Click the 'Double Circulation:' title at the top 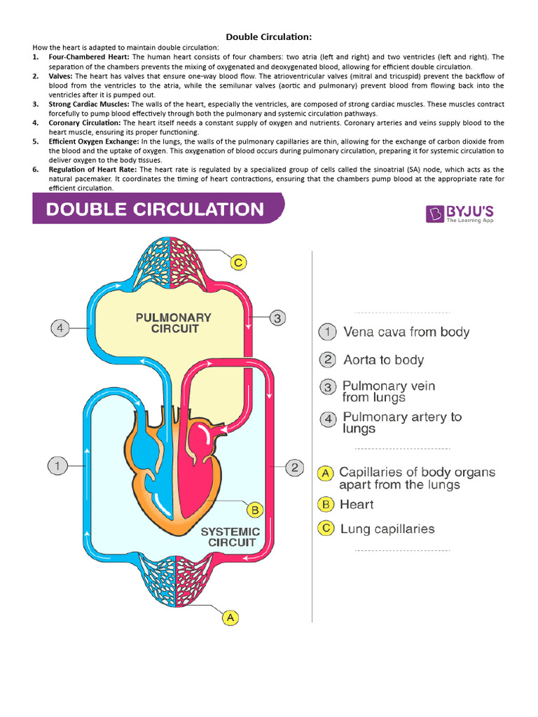tap(268, 36)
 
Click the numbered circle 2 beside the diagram tap(295, 466)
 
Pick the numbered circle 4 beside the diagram tap(61, 327)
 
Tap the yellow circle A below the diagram tap(231, 618)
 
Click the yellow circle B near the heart tap(256, 509)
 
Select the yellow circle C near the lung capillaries tap(239, 263)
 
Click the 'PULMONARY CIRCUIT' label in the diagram tap(173, 323)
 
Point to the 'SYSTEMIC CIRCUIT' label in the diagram tap(230, 537)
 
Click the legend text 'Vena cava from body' tap(406, 332)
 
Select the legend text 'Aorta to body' tap(383, 360)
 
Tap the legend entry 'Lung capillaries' tap(387, 529)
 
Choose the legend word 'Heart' tap(357, 504)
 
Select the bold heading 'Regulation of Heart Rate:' tap(95, 169)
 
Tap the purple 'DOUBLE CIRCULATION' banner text tap(156, 209)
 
